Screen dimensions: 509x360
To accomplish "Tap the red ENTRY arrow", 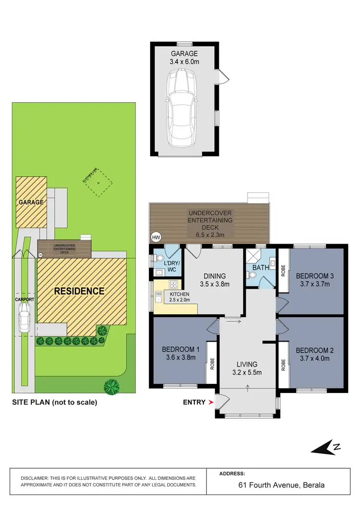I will [x=210, y=402].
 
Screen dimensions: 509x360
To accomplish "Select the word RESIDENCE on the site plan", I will [x=79, y=291].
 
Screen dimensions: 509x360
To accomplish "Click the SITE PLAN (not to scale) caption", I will [x=54, y=402].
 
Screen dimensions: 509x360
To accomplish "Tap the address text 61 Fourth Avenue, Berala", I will [x=281, y=485].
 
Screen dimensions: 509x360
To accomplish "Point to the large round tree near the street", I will [x=111, y=385].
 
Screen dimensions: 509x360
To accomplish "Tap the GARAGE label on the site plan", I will [x=31, y=202].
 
